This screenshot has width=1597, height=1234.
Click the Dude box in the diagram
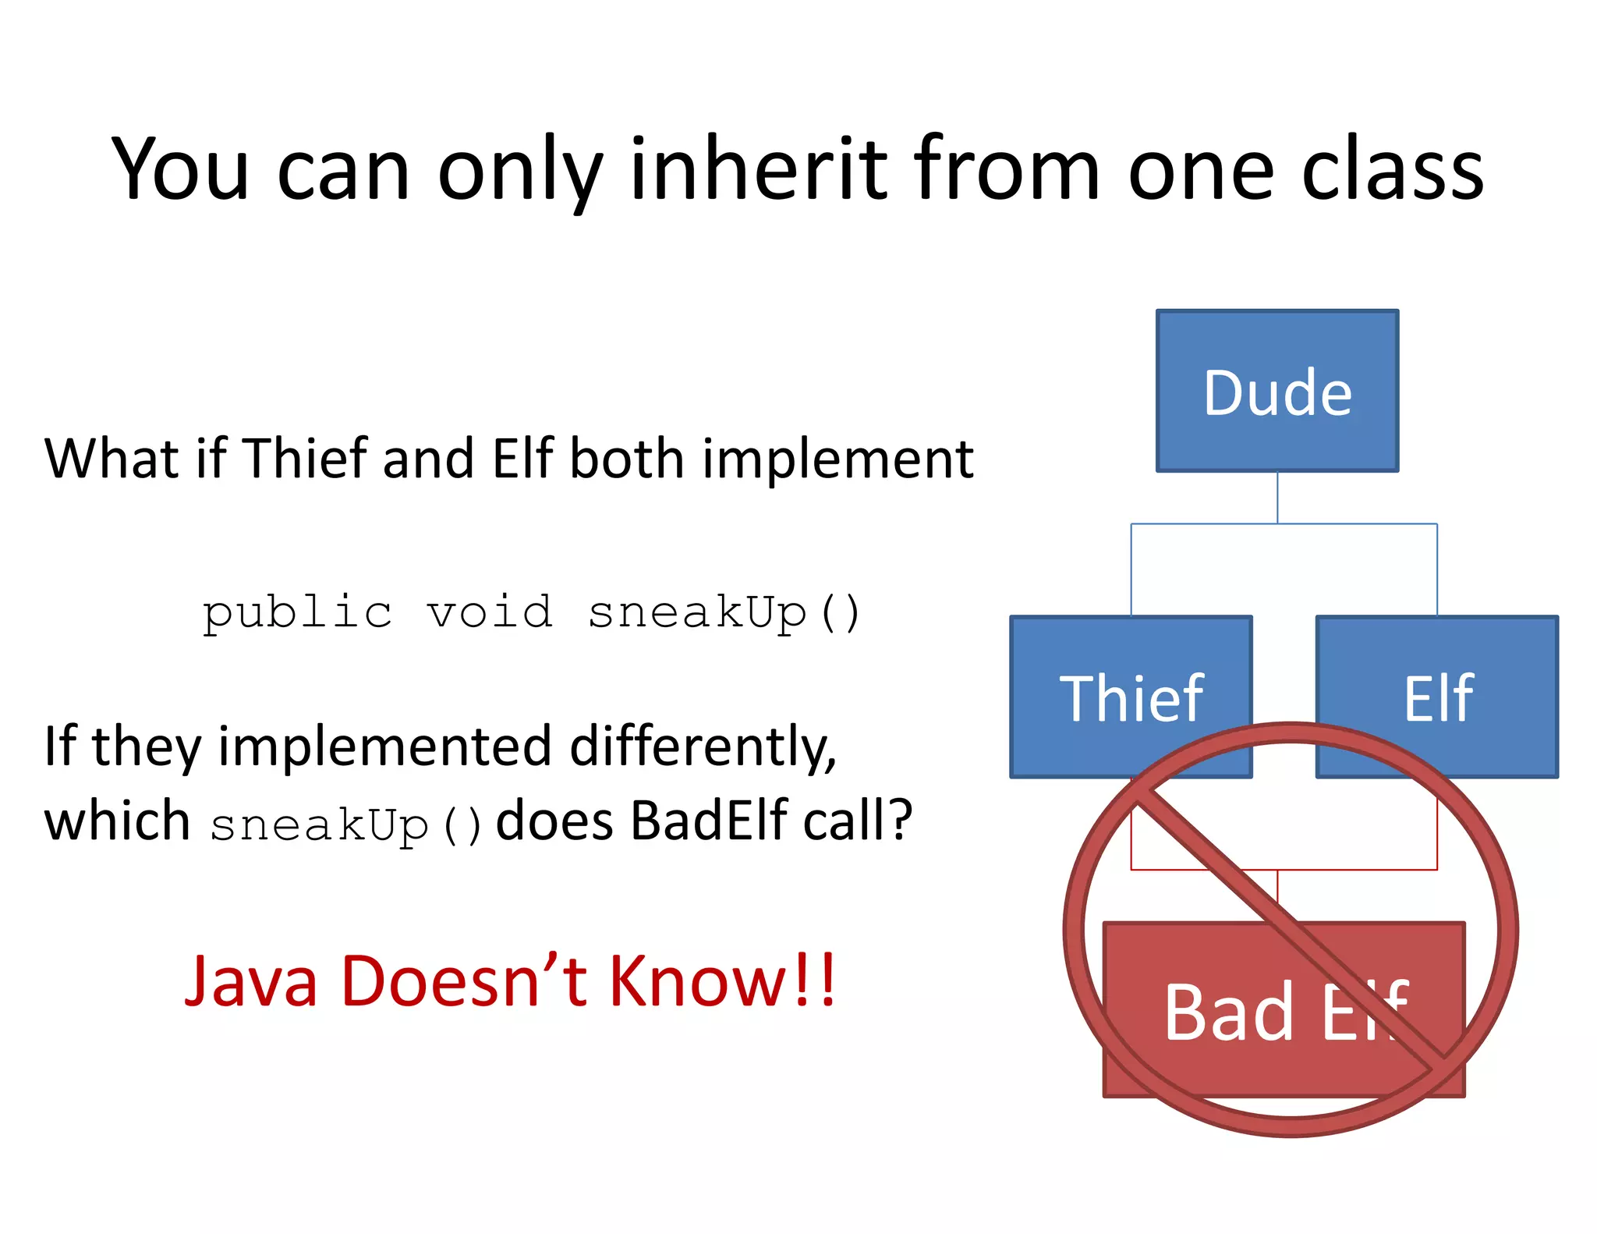pos(1277,391)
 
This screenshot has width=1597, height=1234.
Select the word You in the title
pos(180,168)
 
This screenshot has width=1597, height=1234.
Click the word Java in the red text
pos(251,981)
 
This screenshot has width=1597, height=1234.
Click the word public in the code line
pos(297,612)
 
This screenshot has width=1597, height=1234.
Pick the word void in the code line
pos(490,612)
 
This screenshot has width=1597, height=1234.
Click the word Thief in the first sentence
pos(306,458)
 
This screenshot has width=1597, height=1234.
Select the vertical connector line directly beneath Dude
pos(1277,497)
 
